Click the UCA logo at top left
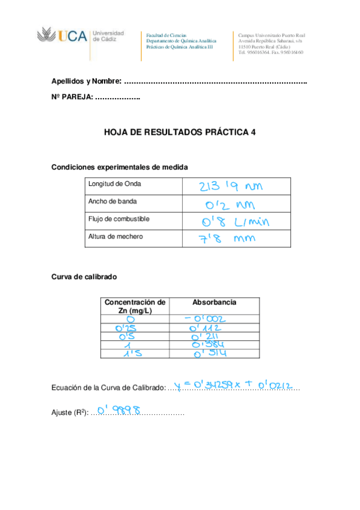(x=81, y=36)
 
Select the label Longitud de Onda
(x=114, y=184)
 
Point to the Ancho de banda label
(x=112, y=201)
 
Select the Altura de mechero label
(x=115, y=236)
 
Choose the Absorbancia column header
(x=214, y=303)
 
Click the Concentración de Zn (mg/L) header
(x=135, y=306)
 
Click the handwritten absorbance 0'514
(x=209, y=355)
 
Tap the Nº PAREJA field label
(x=72, y=97)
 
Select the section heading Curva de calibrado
(x=84, y=277)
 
